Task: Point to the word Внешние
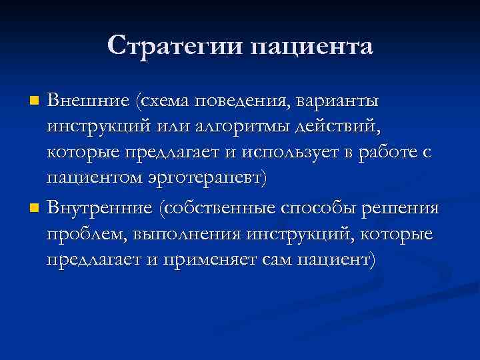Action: (88, 101)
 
